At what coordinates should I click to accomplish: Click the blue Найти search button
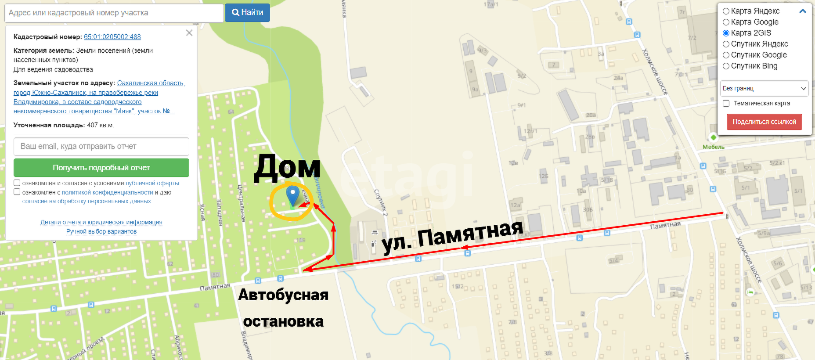[247, 13]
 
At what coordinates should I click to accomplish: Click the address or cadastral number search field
[114, 13]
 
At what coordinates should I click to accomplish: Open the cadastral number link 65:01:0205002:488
[112, 37]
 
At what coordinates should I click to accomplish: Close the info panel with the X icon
[189, 33]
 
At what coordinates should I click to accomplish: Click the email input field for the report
[101, 147]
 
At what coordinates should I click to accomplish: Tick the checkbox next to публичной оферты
[17, 183]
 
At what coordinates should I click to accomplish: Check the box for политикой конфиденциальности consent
[17, 192]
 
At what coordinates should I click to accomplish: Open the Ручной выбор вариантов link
[101, 231]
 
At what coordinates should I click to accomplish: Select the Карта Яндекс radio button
[726, 11]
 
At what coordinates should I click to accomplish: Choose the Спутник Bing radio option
[726, 66]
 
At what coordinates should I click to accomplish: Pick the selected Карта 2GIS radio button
[726, 33]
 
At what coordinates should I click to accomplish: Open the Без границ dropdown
[764, 88]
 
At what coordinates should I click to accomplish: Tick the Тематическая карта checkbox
[726, 104]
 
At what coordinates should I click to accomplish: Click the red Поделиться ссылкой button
[764, 122]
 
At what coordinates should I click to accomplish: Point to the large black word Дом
[287, 168]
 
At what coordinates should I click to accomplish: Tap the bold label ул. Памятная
[452, 237]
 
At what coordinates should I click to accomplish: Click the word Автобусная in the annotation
[283, 295]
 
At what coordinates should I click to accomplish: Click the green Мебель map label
[713, 147]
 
